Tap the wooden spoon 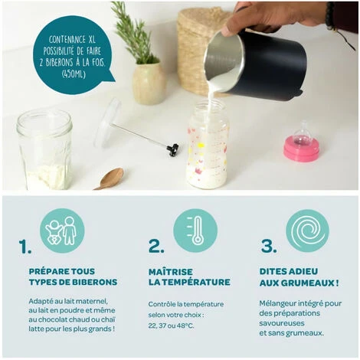(110, 178)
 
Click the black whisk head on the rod (173, 149)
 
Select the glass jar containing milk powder (44, 149)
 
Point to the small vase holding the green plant (149, 83)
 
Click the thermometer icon (195, 231)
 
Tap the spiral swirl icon (307, 231)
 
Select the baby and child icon (62, 231)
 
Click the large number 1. (25, 247)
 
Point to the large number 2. (156, 246)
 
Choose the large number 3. (269, 246)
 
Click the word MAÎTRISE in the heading (171, 272)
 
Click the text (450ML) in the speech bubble (74, 74)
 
